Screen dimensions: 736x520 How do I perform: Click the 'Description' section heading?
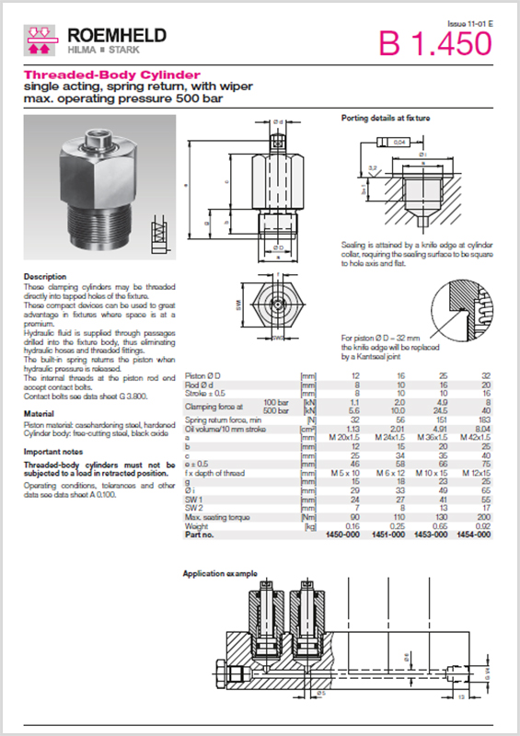pos(44,276)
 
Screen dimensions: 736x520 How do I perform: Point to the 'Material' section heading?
pos(39,413)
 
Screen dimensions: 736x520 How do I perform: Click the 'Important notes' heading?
pos(55,452)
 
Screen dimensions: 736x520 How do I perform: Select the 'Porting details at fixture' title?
pos(386,119)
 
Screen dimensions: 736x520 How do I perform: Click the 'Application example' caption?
pos(220,573)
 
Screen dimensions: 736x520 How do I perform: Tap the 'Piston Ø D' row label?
pos(207,376)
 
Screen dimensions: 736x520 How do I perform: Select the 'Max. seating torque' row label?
pos(221,519)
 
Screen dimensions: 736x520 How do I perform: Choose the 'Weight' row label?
pos(198,526)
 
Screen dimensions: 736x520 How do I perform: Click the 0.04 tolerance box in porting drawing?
pos(399,143)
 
